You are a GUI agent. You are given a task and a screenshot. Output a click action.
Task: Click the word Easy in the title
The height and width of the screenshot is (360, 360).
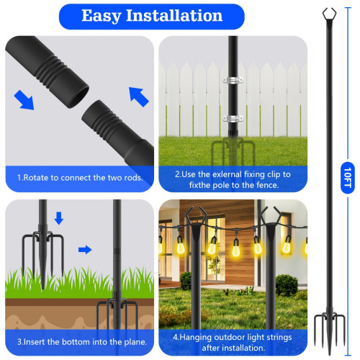pos(101,16)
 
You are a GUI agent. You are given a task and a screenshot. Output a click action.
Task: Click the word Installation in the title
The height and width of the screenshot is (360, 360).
pos(174,15)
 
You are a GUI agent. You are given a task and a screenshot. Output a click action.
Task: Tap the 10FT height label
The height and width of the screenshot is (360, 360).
pos(348,178)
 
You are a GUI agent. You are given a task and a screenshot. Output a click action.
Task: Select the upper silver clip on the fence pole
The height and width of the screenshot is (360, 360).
pos(233,80)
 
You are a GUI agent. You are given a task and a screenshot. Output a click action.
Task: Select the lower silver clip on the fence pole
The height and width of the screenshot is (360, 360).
pos(233,118)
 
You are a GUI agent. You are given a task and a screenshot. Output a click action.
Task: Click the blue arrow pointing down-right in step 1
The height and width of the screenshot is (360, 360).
pos(24,100)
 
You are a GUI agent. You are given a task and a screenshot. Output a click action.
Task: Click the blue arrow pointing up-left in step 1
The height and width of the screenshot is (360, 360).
pos(139,96)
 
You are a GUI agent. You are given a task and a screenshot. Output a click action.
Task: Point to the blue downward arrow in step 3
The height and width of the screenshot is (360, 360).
pos(59,218)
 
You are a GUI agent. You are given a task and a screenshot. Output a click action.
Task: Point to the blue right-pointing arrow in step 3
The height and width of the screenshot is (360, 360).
pos(85,250)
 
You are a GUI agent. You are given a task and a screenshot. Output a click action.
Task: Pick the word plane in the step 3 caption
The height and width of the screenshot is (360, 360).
pos(135,342)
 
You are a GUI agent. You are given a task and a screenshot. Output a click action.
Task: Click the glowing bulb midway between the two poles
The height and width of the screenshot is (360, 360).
pos(236,250)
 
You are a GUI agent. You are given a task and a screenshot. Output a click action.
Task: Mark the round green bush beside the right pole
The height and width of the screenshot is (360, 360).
pos(287,285)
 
